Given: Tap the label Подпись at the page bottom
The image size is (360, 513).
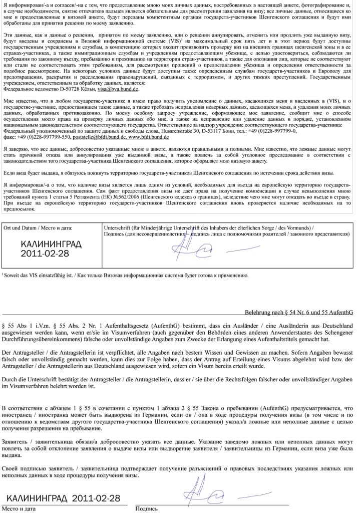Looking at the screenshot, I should (x=146, y=508).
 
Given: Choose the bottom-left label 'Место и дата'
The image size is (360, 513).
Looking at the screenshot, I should (x=19, y=508).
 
